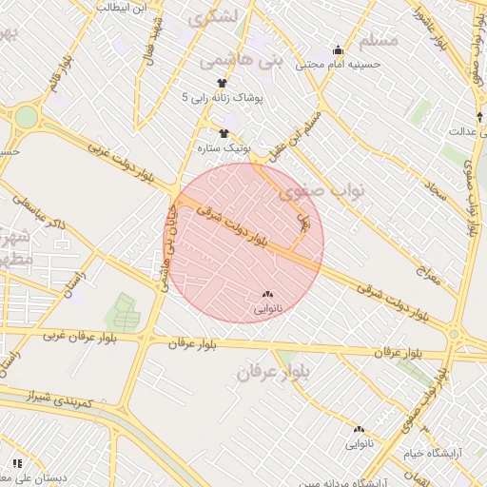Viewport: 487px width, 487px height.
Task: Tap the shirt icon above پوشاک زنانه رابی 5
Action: (222, 83)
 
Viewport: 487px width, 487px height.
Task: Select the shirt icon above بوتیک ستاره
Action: (224, 134)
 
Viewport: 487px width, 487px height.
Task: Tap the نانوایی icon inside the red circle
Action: (266, 295)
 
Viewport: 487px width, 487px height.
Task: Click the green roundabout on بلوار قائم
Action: (26, 118)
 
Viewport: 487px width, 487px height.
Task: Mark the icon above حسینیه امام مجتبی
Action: (338, 49)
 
